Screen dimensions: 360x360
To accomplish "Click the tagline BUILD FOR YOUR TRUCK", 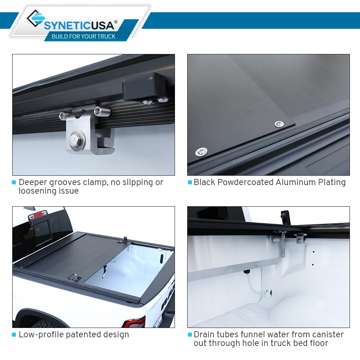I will [x=84, y=36].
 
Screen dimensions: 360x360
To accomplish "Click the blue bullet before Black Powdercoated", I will [x=190, y=183].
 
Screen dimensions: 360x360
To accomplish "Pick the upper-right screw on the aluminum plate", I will [x=278, y=124].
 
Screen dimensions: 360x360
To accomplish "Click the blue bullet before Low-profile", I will [x=14, y=335].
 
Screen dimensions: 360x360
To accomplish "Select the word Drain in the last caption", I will [x=204, y=335].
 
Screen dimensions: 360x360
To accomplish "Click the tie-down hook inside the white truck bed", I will [x=269, y=293].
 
